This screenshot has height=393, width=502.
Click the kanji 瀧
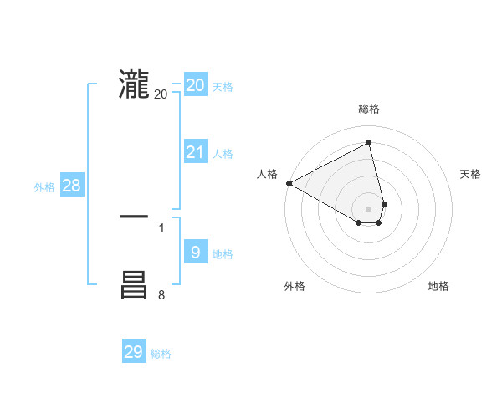point(134,85)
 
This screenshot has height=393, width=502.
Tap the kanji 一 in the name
point(134,217)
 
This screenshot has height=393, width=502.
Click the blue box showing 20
point(195,85)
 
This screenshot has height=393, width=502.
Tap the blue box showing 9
point(195,252)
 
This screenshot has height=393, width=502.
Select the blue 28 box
point(71,186)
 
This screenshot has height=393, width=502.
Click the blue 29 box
point(134,352)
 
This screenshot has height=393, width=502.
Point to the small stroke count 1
point(161,227)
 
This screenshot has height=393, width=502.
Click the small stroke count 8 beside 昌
point(161,294)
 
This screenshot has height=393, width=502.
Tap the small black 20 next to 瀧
point(161,94)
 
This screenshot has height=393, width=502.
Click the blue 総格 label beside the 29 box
point(161,354)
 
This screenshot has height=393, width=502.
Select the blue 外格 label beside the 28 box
point(44,187)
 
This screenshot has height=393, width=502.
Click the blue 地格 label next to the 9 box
point(223,254)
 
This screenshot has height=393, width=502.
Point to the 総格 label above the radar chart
point(369,109)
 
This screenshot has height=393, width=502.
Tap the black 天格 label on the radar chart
point(471,174)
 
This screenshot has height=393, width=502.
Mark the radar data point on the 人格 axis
point(289,183)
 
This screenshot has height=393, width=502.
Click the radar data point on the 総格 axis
point(369,142)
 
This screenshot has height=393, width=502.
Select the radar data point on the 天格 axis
point(384,204)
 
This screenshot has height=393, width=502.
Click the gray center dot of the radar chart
point(369,209)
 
